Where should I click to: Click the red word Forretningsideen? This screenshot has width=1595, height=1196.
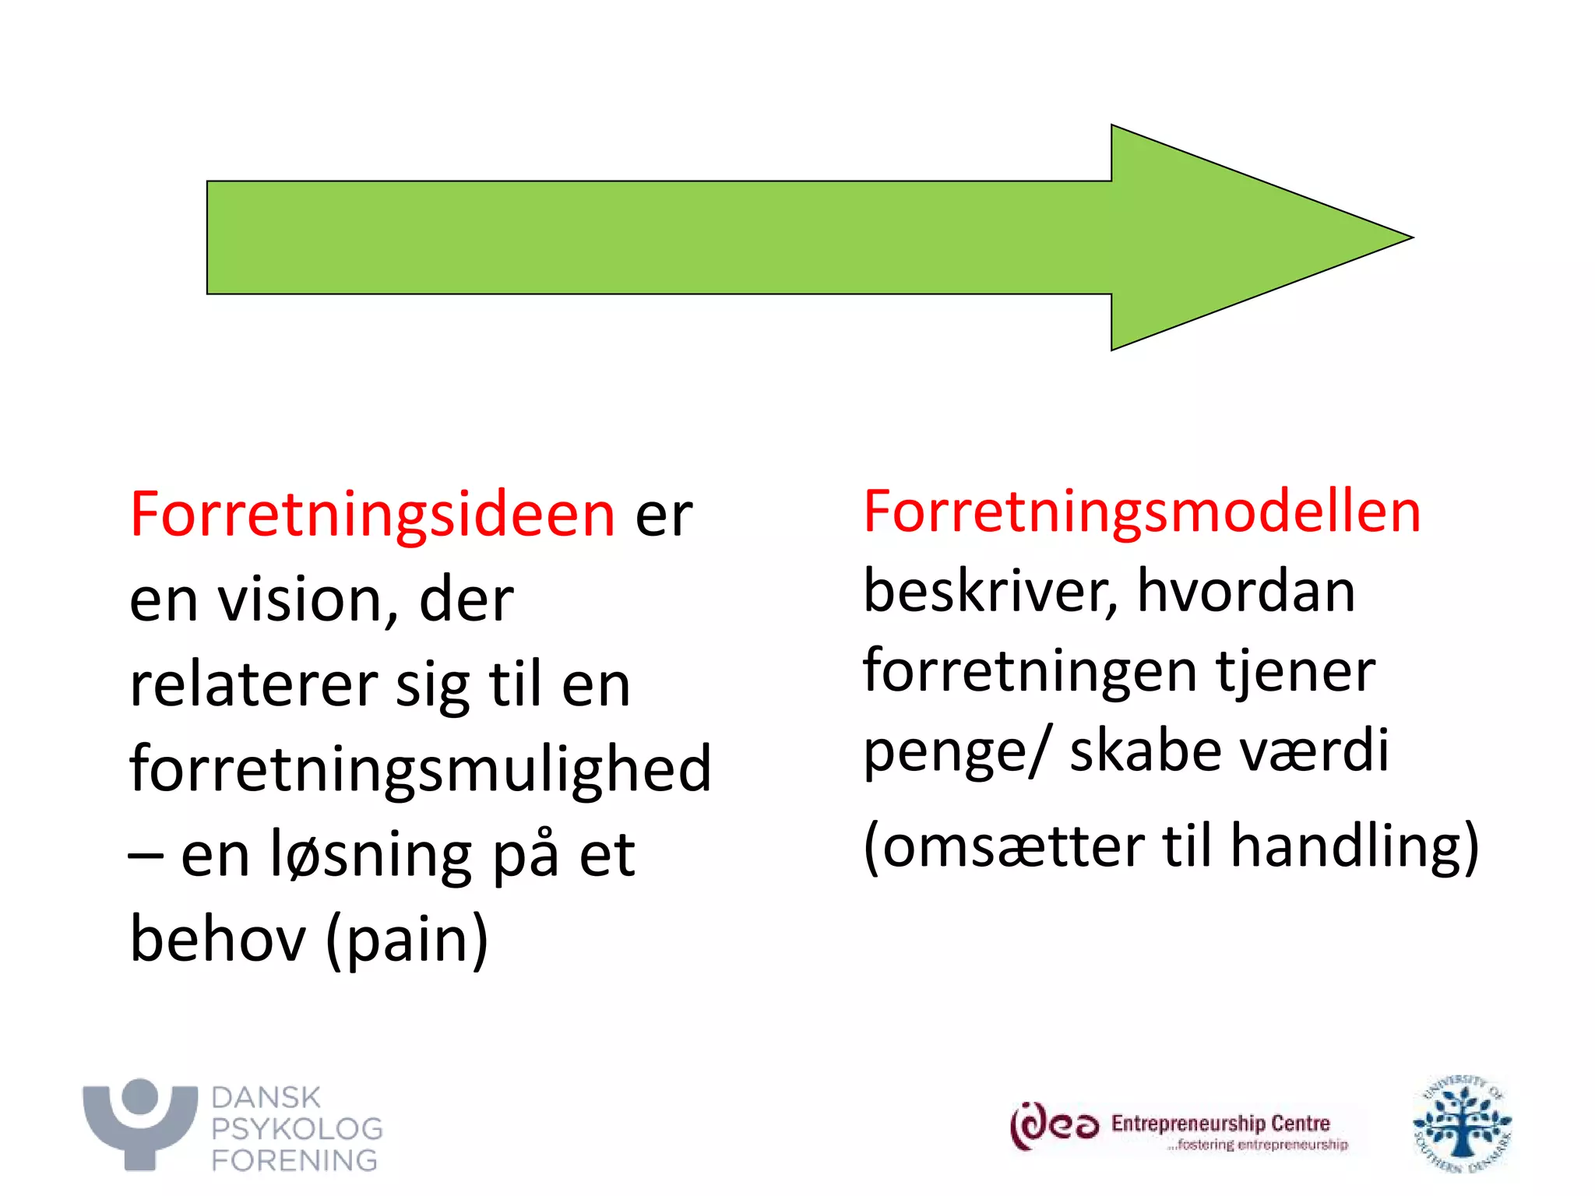[372, 515]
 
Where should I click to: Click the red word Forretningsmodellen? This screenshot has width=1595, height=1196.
[1142, 512]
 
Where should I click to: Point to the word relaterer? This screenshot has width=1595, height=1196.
[253, 685]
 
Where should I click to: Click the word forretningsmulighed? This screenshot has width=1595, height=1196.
[421, 769]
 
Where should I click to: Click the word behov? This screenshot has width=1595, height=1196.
[218, 939]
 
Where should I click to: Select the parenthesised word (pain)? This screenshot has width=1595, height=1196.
[407, 941]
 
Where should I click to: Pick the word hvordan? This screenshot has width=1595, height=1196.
[1246, 591]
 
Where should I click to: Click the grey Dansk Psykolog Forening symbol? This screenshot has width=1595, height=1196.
[140, 1122]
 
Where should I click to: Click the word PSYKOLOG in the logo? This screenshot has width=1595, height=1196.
[297, 1129]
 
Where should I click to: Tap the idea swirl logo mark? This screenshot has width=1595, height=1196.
[1054, 1126]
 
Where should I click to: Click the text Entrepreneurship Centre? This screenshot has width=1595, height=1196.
[1220, 1123]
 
